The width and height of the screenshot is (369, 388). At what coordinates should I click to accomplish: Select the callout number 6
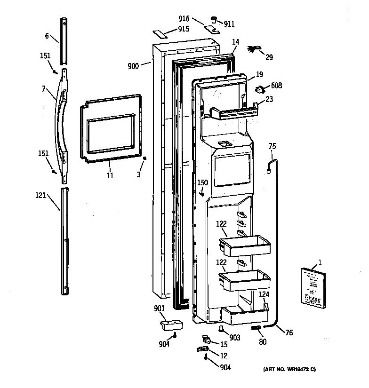coord(47,36)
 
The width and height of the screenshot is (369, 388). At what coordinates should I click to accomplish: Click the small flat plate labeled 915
coord(161,35)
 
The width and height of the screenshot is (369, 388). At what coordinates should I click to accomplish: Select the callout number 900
coord(133,66)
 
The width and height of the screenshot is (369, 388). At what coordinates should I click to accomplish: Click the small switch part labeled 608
coord(260,87)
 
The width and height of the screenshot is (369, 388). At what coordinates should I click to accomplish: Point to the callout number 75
coord(272,146)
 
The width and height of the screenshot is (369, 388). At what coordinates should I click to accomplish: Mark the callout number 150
coord(202,182)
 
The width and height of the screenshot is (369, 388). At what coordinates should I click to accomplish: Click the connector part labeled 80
coord(256,328)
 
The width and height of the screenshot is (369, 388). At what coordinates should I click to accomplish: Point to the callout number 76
coord(289,333)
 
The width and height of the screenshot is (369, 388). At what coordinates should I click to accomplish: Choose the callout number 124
coord(264,294)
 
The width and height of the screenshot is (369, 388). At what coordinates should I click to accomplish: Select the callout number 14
coord(236,42)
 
